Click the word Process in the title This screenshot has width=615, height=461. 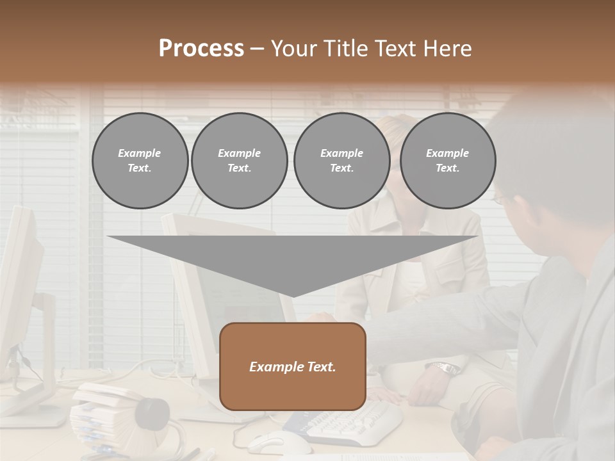click(201, 49)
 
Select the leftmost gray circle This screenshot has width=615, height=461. click(140, 161)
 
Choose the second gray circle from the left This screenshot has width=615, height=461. click(239, 161)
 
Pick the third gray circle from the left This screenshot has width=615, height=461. click(341, 161)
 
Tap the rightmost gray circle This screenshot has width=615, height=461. click(447, 161)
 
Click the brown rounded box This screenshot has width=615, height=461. click(292, 366)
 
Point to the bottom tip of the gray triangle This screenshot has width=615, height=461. click(293, 296)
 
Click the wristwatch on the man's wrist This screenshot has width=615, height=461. click(445, 368)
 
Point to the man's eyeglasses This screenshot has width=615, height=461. click(498, 198)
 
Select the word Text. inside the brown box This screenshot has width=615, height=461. click(320, 367)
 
